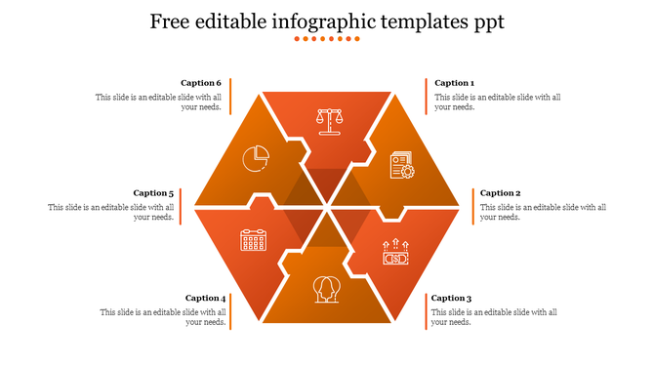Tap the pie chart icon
tap(257, 156)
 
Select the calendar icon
tap(254, 240)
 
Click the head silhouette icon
tap(327, 289)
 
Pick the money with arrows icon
tap(395, 254)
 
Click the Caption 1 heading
tap(454, 83)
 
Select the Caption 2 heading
tap(500, 193)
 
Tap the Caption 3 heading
tap(451, 298)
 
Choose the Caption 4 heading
tap(205, 298)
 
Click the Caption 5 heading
tap(154, 193)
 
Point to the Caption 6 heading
tap(201, 83)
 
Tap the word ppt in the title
tap(486, 20)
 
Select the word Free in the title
tap(172, 20)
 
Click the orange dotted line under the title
tap(327, 39)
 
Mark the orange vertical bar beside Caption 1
tap(427, 95)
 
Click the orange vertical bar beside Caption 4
tap(230, 310)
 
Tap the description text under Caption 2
tap(543, 212)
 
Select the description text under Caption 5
tap(111, 212)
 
